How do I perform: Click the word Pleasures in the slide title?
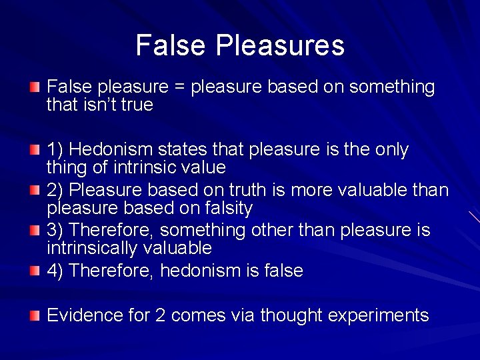(x=280, y=45)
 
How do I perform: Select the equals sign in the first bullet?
(x=179, y=87)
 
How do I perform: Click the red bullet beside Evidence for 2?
(x=34, y=315)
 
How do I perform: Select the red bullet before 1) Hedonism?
(x=34, y=149)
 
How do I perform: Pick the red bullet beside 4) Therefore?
(x=34, y=270)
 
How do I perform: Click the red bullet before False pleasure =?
(x=34, y=87)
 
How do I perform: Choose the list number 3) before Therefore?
(x=55, y=231)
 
